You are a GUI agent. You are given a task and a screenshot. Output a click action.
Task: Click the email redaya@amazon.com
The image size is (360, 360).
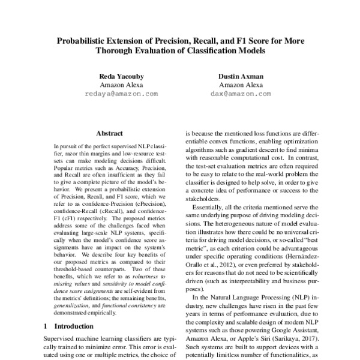121,94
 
